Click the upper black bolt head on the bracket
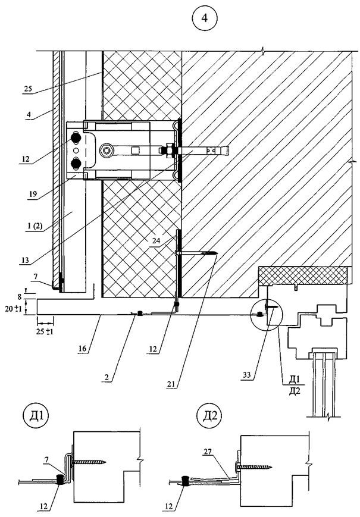[76, 138]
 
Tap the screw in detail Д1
[89, 460]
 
